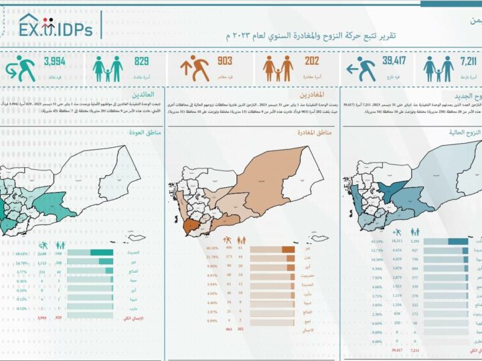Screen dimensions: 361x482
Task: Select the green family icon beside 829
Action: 108,68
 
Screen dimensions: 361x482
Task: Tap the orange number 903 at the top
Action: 225,62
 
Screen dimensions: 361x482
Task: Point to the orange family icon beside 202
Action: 278,68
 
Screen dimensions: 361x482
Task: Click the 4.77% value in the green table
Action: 21,272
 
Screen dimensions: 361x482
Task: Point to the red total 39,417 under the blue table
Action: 398,349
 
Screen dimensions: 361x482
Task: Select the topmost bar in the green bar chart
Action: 90,253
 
